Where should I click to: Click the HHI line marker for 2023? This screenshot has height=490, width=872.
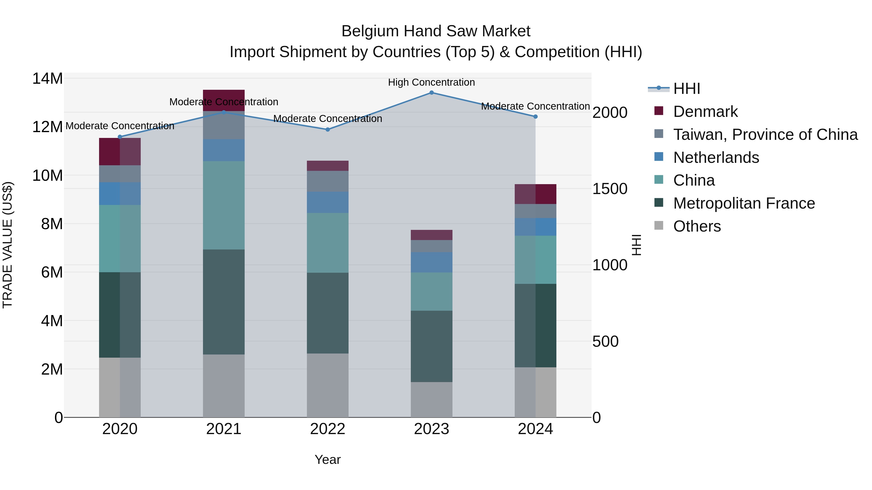pos(432,92)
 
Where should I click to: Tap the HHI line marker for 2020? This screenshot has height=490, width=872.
pos(120,137)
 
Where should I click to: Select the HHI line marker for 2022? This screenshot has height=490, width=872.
pos(328,129)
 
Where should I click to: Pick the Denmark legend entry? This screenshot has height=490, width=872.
pos(705,112)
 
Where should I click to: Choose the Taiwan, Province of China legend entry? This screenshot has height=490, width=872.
pos(765,135)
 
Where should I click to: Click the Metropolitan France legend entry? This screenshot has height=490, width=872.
pos(744,203)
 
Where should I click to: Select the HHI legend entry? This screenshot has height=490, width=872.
pos(686,89)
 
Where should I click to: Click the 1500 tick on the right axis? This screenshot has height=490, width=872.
pos(610,189)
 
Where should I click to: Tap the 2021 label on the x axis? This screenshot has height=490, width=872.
pos(224,429)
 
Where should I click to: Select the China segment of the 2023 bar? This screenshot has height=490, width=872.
pos(432,292)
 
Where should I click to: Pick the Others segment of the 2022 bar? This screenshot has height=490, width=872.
pos(328,385)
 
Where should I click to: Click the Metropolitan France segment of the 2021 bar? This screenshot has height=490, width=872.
pos(224,302)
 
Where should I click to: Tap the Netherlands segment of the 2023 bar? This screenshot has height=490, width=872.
pos(432,262)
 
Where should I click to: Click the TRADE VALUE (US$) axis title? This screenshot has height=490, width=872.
pos(8,245)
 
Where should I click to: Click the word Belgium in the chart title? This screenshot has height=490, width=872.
pos(370,31)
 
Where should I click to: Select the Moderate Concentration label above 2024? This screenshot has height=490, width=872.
pos(535,106)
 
